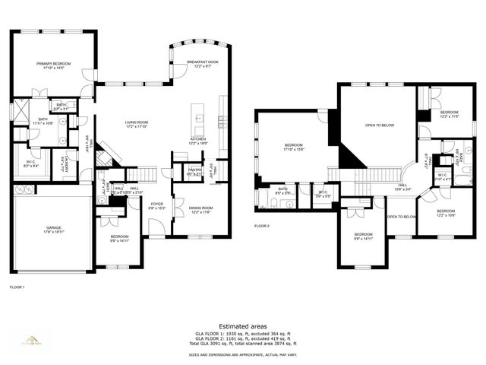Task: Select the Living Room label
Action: coord(137,124)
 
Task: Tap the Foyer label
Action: coord(157,205)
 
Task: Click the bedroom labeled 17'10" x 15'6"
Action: coord(294,147)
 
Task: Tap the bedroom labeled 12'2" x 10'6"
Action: coord(445,213)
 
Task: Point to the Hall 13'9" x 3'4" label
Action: coord(402,187)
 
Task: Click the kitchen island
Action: coord(199,119)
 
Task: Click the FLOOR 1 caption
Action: coord(17,287)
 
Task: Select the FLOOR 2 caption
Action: coord(262,227)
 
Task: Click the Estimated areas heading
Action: coord(242,325)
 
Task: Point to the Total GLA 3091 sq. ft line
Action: coord(242,345)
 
